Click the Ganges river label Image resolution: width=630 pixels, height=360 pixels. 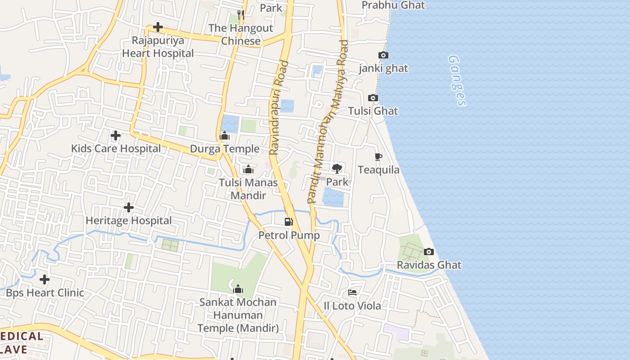point(457,81)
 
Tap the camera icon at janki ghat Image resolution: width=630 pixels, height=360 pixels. point(383,55)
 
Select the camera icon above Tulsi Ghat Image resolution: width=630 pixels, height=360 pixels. point(373,98)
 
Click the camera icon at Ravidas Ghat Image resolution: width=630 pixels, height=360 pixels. point(429,252)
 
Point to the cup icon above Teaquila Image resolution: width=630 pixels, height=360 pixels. point(378,157)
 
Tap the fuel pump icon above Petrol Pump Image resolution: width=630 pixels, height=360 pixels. point(288,222)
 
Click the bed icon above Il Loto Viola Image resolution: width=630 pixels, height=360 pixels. point(352,293)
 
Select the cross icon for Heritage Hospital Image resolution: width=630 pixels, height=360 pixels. point(129,207)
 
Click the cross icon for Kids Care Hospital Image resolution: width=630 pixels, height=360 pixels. point(116,135)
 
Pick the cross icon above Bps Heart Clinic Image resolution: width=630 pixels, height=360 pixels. point(45,279)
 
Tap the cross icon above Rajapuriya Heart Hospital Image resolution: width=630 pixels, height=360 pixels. point(158,27)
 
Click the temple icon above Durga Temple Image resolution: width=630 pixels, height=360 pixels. point(225,135)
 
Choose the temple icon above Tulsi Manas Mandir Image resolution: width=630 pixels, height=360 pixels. point(248,169)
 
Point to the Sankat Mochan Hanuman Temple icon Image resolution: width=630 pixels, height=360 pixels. point(238,289)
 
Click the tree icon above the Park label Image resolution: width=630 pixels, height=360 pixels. point(337,169)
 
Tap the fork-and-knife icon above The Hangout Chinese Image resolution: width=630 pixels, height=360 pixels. point(241,15)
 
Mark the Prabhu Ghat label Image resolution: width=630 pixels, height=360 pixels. point(393,5)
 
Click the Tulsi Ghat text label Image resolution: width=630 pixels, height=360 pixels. point(373,111)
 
